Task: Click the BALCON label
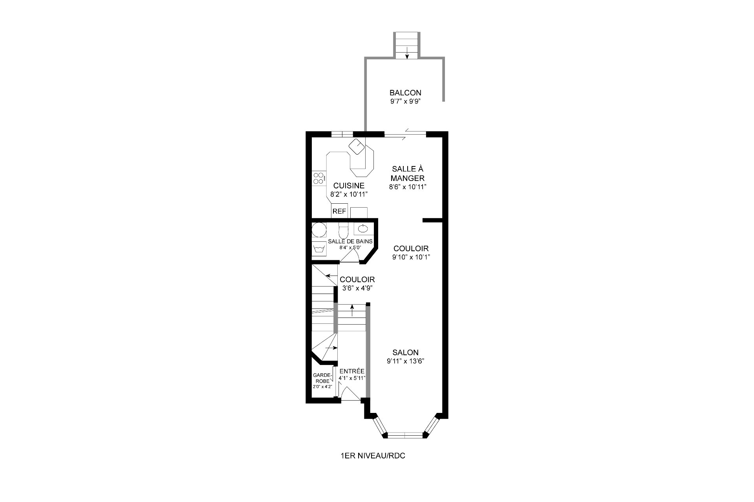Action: pos(405,93)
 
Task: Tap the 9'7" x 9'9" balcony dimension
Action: pos(405,101)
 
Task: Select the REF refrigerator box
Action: pos(339,211)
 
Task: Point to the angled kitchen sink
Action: pos(357,146)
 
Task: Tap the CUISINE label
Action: pos(349,186)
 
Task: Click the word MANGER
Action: pos(408,178)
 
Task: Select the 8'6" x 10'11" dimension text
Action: pos(408,187)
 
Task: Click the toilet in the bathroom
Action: pos(344,230)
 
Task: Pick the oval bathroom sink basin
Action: pos(362,228)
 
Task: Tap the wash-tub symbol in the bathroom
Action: pos(319,249)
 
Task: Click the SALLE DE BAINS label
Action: pos(350,241)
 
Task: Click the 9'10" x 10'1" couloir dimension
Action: pos(411,257)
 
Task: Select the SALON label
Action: pos(405,352)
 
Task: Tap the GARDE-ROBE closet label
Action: pos(323,378)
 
